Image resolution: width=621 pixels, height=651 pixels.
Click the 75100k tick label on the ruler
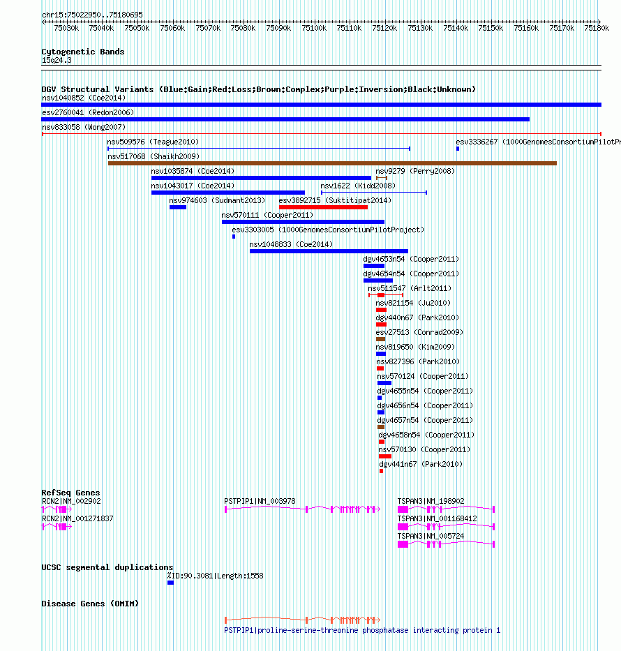314,28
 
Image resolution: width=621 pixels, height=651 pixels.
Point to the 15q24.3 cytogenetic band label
57,60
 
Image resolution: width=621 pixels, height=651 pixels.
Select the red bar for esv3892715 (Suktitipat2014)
323,207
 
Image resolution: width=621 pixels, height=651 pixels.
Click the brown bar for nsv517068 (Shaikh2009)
332,163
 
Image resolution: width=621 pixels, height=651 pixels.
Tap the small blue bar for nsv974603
178,207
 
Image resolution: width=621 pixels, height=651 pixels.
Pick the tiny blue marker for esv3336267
458,149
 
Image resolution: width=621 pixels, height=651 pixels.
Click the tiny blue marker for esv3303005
234,237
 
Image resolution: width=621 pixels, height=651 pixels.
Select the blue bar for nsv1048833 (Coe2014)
329,251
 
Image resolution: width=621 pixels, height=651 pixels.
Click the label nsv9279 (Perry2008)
415,171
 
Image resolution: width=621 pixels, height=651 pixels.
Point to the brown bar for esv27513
381,339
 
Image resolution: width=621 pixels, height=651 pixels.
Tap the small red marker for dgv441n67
381,471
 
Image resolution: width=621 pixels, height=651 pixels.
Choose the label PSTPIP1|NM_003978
260,501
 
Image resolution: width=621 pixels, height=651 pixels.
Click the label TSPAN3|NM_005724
431,536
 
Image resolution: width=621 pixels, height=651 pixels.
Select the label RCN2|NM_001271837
77,518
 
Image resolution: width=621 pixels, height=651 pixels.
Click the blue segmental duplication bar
171,583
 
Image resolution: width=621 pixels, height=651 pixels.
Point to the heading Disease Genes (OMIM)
90,604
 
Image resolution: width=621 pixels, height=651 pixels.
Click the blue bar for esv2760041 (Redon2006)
285,119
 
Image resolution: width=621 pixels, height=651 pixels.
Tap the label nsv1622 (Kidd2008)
358,186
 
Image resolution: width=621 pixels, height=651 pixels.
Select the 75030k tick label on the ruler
66,28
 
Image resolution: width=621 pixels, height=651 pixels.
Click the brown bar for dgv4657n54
381,427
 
